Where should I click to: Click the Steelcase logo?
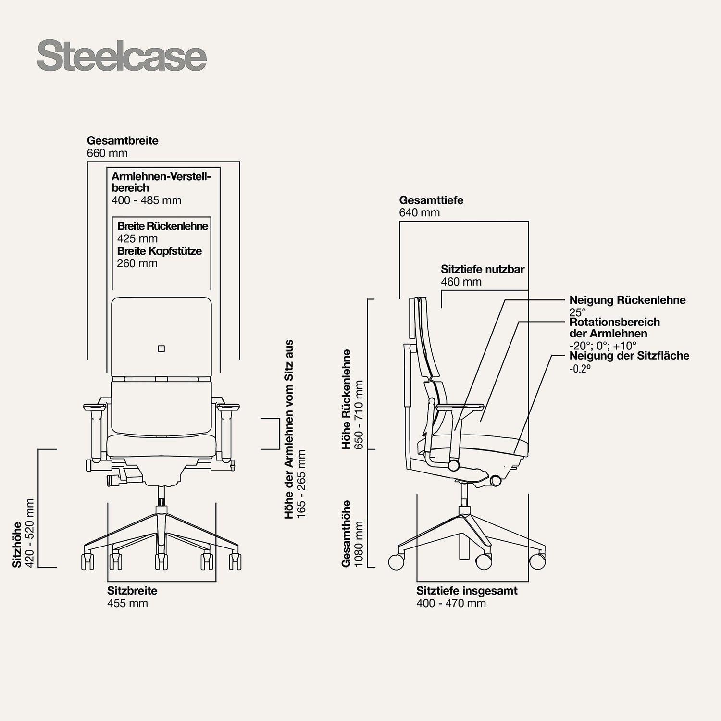coord(122,57)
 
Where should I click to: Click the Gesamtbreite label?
coord(123,141)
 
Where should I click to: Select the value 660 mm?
coord(107,153)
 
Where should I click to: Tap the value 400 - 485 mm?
coord(147,200)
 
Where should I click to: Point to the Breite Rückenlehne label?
coord(162,226)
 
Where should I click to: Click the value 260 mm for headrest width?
coord(137,263)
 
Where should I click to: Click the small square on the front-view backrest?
coord(162,348)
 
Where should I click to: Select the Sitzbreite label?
coord(132,591)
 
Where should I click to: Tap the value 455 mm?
coord(127,603)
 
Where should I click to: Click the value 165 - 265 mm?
coord(301,484)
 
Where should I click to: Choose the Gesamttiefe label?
coord(431,200)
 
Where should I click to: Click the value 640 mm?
coord(419,213)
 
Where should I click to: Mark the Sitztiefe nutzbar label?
coord(483,269)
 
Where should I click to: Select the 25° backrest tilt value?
coord(577,312)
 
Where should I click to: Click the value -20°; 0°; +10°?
coord(603,346)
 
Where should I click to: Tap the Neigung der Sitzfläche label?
coord(629,356)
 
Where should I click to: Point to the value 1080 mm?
coord(358,544)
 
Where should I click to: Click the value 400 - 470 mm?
coord(451,603)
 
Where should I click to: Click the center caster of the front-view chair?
coord(162,561)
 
